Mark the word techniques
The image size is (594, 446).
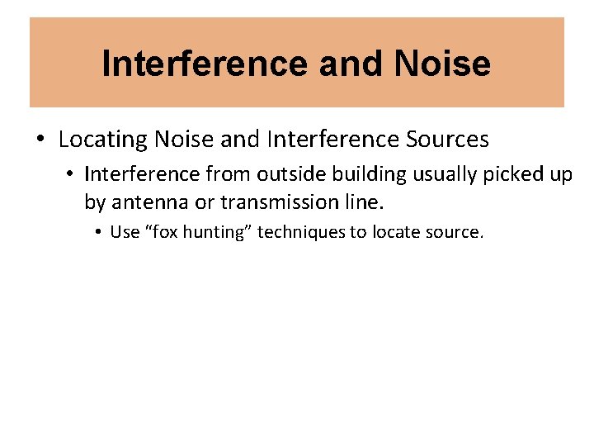pos(302,232)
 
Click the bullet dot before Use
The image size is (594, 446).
pos(98,232)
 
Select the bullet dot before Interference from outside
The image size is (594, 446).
pos(72,174)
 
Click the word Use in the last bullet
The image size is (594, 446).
pos(125,232)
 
